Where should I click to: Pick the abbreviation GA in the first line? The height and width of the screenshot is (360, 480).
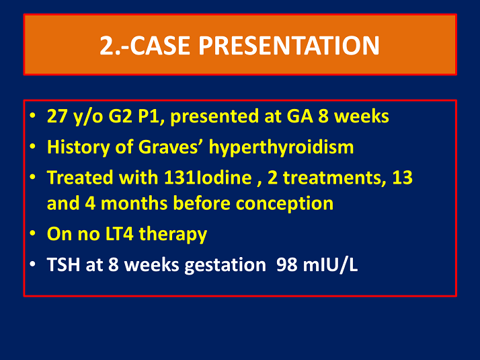(277, 116)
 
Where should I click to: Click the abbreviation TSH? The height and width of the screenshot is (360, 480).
(63, 264)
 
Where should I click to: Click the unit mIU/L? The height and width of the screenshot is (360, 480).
(331, 264)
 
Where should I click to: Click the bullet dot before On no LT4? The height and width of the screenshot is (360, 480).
(34, 234)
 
